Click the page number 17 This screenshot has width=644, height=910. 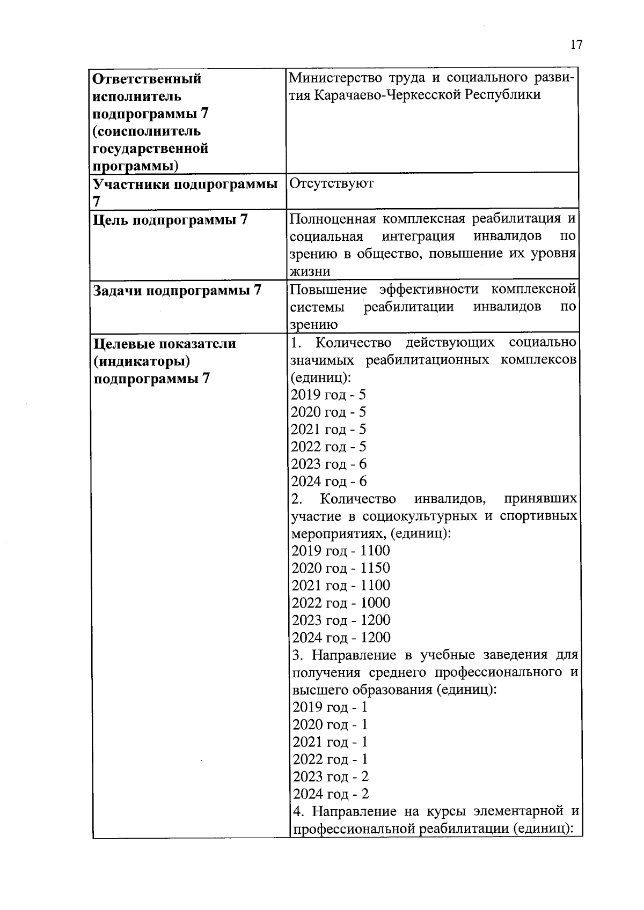point(576,45)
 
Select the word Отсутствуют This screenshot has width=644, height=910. point(332,184)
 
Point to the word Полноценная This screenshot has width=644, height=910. point(333,219)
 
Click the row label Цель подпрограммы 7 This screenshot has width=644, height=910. point(171,220)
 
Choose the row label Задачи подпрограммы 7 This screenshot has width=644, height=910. point(177,291)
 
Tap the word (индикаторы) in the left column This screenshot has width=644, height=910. point(142,361)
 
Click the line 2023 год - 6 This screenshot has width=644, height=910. point(328,464)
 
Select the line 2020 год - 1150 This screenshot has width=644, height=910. point(341,568)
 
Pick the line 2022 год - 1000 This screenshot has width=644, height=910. point(341,603)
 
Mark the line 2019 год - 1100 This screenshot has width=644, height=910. point(341,551)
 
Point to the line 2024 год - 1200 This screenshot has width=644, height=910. point(341,638)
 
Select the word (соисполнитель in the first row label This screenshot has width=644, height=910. point(147,131)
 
